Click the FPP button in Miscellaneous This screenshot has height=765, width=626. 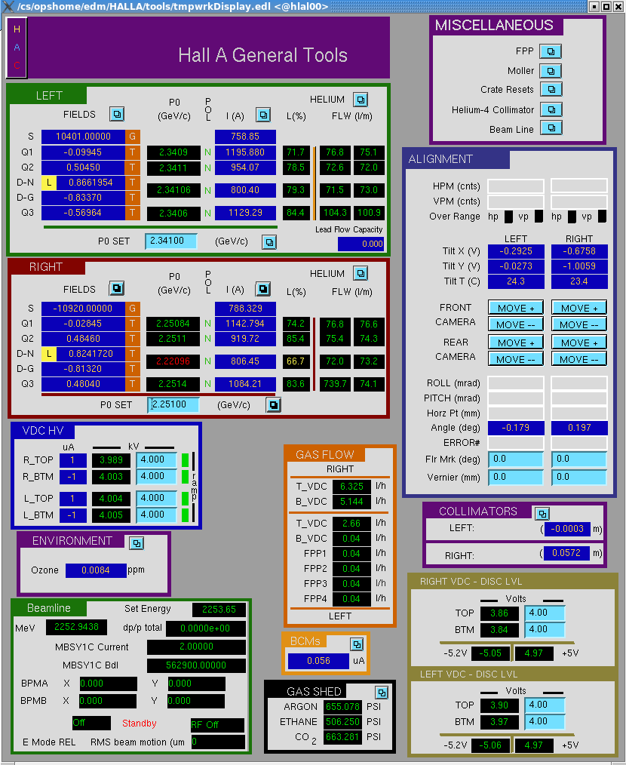coord(551,51)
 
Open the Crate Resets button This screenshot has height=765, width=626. coord(551,89)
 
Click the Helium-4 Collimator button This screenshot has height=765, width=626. coord(551,109)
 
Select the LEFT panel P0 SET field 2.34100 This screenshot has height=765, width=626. coord(170,241)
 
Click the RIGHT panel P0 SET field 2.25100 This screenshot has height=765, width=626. coord(173,404)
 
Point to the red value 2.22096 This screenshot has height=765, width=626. coord(173,361)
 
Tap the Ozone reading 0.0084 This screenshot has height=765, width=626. coord(96,570)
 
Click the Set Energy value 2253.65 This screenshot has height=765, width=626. coord(219,610)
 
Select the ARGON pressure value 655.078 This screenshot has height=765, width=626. coord(342,706)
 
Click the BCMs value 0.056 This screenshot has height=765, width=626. coord(318,661)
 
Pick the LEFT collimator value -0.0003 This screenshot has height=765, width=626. coord(567,528)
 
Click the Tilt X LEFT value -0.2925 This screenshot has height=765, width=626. coord(516,251)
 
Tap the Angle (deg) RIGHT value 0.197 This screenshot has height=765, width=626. coord(579,428)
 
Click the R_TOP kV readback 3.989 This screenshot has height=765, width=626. coord(111,460)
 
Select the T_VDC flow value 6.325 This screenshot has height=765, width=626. coord(351,486)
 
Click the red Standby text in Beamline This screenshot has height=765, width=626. coord(139,723)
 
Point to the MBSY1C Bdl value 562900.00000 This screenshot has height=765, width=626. coord(196,665)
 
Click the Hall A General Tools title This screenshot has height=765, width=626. coord(262,55)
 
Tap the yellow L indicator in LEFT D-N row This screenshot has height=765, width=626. coord(49,183)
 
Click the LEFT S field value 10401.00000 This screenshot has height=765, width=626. coord(84,137)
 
